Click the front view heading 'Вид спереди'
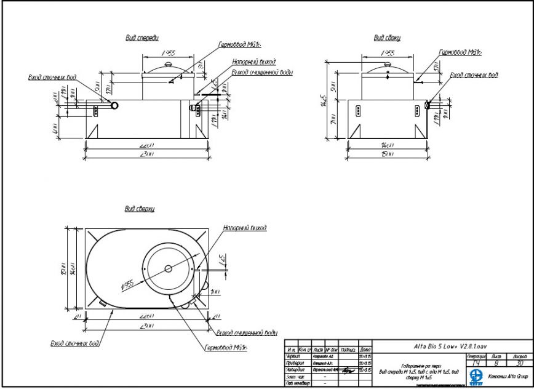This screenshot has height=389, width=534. coord(142,38)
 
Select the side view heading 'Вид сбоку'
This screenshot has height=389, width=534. coord(388,38)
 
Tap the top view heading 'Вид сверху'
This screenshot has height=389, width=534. coord(140,209)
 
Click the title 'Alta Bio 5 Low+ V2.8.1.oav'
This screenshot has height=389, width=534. coord(451,345)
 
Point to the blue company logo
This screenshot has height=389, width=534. coord(476,375)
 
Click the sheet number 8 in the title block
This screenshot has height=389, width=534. coord(498,363)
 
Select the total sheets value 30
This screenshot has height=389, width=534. coord(519,363)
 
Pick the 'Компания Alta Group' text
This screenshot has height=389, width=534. coord(508,375)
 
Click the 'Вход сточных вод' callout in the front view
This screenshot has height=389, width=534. coord(53,78)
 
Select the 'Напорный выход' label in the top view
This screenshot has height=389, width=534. coord(245,228)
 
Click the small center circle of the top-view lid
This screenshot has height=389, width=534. coord(169,268)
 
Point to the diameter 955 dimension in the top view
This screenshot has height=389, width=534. coord(127,284)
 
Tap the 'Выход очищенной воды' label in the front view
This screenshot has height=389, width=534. coord(262,72)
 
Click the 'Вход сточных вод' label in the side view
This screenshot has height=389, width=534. coord(474,75)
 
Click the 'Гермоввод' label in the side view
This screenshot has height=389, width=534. coord(460,53)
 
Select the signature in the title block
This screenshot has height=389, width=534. coord(349,370)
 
